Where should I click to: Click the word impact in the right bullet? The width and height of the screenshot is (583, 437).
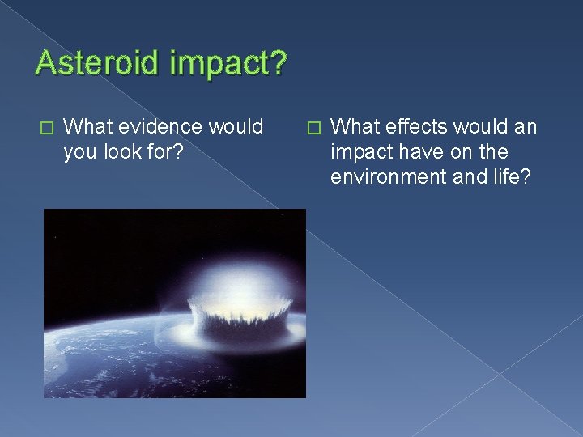(x=356, y=152)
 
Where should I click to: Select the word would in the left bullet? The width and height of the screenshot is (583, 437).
(x=237, y=126)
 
